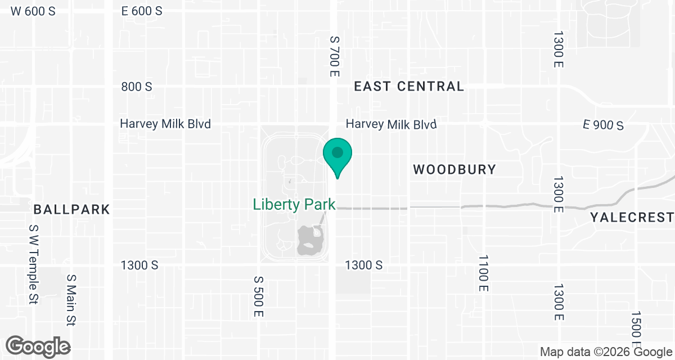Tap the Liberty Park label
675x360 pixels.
coord(294,204)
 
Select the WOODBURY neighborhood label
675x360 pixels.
coord(454,169)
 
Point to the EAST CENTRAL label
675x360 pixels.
coord(409,87)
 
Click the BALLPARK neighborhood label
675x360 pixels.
coord(71,210)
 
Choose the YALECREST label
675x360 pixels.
coord(632,218)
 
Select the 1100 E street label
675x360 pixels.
coord(483,273)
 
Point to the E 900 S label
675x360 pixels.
coord(604,125)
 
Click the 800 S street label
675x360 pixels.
coord(137,87)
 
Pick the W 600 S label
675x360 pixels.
coord(33,11)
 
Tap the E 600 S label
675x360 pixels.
coord(142,11)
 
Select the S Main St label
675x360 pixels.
coord(71,300)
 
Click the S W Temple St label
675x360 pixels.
coord(33,264)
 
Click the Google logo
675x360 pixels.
coord(38,346)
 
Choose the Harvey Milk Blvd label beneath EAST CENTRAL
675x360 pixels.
coord(391,124)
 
